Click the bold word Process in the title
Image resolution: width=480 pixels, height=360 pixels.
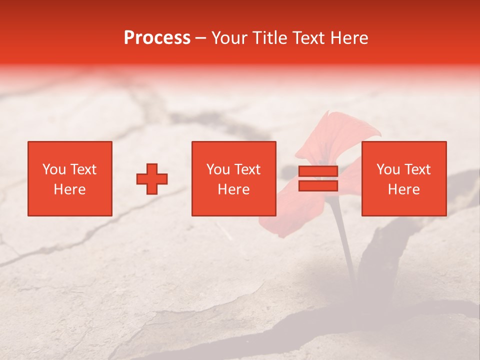(157, 38)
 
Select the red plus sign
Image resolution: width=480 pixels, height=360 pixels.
(152, 179)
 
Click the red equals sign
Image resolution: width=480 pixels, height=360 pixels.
(318, 178)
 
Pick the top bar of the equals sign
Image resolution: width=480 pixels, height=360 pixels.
(318, 171)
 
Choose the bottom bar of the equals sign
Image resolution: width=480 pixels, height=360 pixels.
(318, 186)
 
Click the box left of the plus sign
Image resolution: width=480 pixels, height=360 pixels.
(69, 178)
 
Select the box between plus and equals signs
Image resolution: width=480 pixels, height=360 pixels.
(233, 178)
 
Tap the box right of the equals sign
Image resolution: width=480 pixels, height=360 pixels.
(403, 178)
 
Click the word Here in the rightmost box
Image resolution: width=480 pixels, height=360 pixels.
(403, 189)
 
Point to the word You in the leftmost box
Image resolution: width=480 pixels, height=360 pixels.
(53, 169)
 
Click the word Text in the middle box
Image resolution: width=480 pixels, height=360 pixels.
(246, 169)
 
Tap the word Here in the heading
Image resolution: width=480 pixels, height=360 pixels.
(349, 38)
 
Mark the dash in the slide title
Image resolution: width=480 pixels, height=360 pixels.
(200, 38)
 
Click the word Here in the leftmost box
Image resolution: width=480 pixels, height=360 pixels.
(69, 189)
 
